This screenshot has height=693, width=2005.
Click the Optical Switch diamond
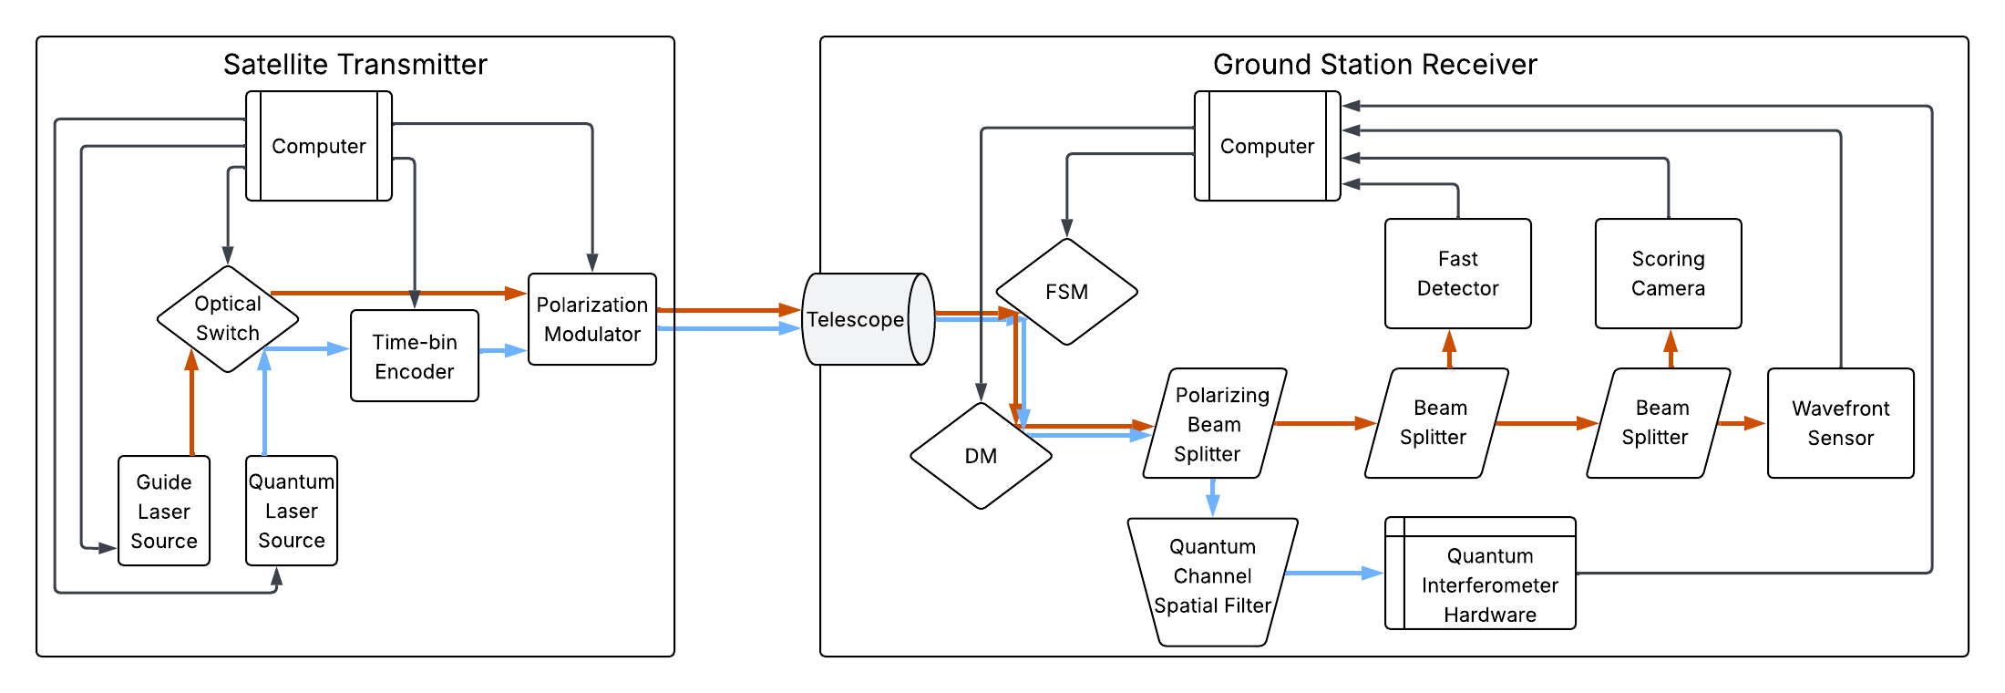(x=228, y=319)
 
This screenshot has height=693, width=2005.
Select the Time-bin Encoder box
(x=415, y=357)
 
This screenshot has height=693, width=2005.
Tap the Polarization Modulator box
(x=592, y=319)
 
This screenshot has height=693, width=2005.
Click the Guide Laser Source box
(x=164, y=511)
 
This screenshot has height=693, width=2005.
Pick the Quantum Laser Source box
(x=292, y=511)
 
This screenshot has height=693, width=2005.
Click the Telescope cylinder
(x=861, y=319)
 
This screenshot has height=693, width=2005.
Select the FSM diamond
(x=1067, y=292)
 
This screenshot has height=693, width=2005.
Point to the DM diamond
(x=982, y=456)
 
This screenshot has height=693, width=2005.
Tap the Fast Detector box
(x=1458, y=274)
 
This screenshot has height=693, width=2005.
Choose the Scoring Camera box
(x=1669, y=274)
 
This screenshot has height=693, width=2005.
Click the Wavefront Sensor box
(x=1841, y=423)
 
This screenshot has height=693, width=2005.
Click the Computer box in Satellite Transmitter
(x=319, y=146)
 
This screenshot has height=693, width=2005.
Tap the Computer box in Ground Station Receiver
(x=1268, y=146)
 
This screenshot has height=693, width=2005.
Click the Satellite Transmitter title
(x=355, y=65)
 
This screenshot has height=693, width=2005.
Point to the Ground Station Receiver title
(x=1375, y=65)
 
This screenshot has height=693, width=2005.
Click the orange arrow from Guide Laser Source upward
(x=191, y=406)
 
